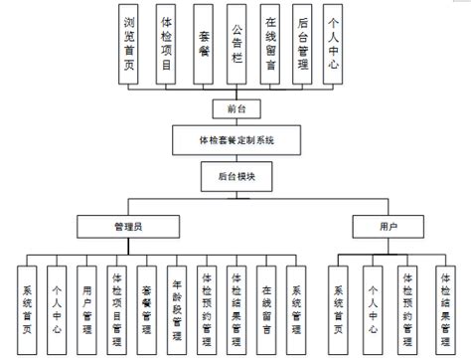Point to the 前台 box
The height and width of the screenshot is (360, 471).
click(x=236, y=106)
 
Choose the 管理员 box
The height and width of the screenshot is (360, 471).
click(x=131, y=227)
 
